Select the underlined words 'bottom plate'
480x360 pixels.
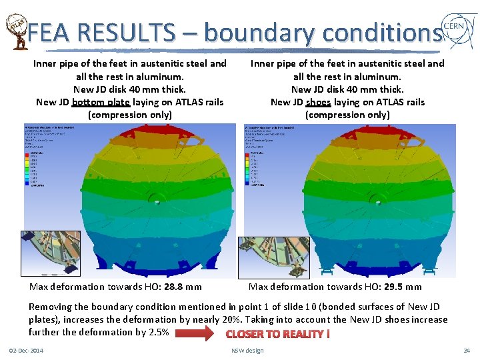pos(101,102)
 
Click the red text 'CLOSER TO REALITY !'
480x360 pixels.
pos(278,333)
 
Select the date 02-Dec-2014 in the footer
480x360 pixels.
pos(26,351)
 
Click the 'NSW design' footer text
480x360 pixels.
pos(247,351)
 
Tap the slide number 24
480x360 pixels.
pos(467,351)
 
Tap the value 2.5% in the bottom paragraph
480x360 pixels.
pos(157,332)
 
